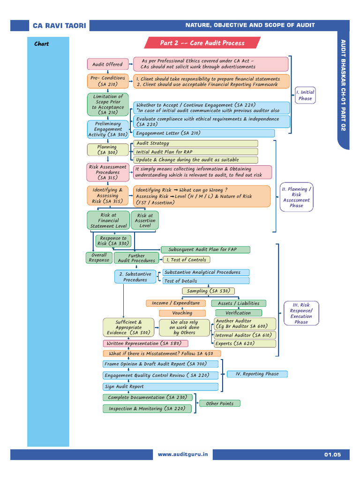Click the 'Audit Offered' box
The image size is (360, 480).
107,64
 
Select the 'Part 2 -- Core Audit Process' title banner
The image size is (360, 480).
202,43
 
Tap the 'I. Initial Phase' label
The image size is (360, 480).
305,95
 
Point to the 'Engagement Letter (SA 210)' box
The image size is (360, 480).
204,134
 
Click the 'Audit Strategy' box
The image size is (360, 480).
195,143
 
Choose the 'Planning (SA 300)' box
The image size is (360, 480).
107,150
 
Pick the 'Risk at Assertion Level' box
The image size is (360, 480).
145,221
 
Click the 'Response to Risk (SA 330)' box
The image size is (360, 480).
112,241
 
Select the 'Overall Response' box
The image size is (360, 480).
99,258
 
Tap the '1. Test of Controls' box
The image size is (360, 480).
186,260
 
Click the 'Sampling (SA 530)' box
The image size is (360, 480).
208,291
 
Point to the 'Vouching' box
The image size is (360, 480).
182,313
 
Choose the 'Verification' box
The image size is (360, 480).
238,313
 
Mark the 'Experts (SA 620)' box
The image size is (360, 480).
244,344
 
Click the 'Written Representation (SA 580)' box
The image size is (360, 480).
142,344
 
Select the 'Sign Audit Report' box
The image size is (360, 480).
160,387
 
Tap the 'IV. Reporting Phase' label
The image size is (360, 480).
257,374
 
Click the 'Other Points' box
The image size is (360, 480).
219,403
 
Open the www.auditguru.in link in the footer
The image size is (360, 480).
182,455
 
